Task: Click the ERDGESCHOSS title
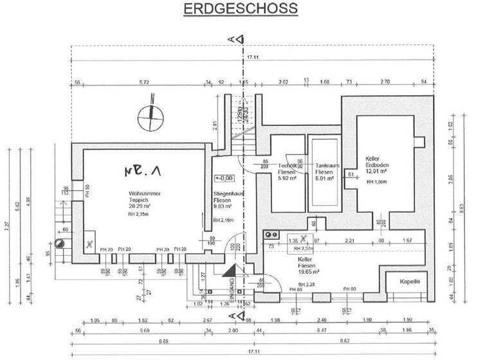click(x=240, y=8)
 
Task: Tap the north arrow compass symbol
click(x=151, y=117)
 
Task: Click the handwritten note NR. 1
click(x=142, y=171)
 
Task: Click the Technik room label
click(x=287, y=166)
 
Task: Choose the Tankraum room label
click(x=324, y=166)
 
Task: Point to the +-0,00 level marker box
click(x=221, y=178)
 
